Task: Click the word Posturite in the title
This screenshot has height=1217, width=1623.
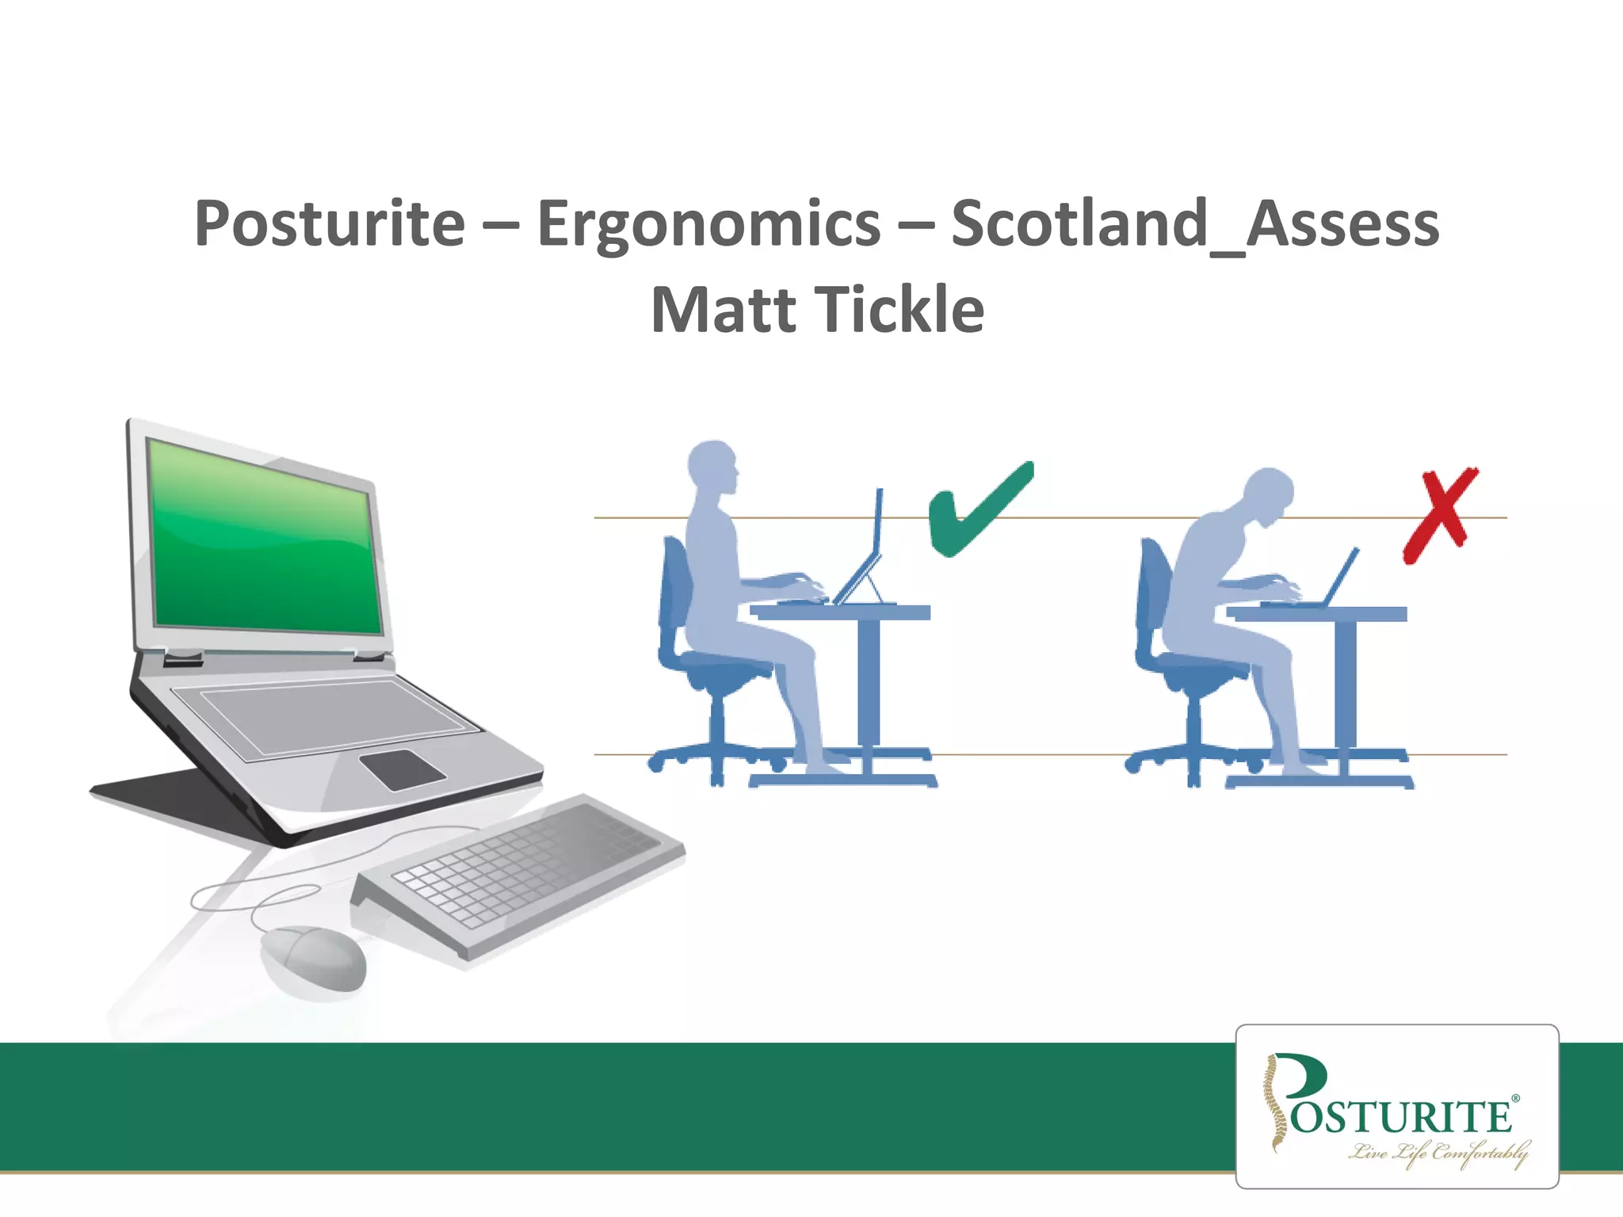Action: point(329,225)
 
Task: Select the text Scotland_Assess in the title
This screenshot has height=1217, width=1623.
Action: point(1194,225)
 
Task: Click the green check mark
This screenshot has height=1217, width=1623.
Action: point(979,511)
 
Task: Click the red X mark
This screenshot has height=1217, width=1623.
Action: point(1440,514)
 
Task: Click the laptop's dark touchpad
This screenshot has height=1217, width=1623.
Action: point(402,769)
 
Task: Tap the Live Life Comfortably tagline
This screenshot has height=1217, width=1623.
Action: point(1438,1153)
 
